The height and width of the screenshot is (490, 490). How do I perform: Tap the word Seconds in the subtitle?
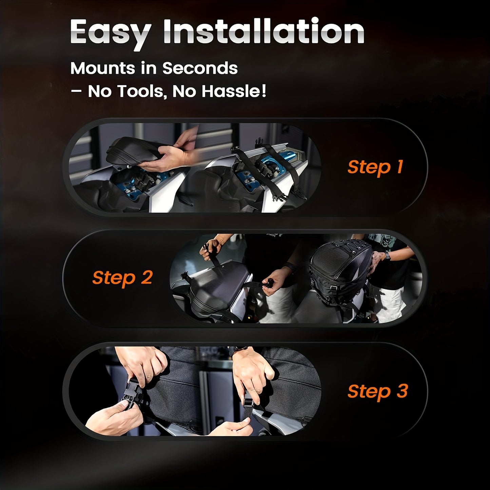(200, 68)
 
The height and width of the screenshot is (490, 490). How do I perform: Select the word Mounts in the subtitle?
(103, 68)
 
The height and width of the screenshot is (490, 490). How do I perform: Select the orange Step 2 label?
(122, 278)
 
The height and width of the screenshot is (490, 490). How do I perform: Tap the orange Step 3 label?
(378, 392)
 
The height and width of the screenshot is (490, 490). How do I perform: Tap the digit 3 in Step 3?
(402, 391)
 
